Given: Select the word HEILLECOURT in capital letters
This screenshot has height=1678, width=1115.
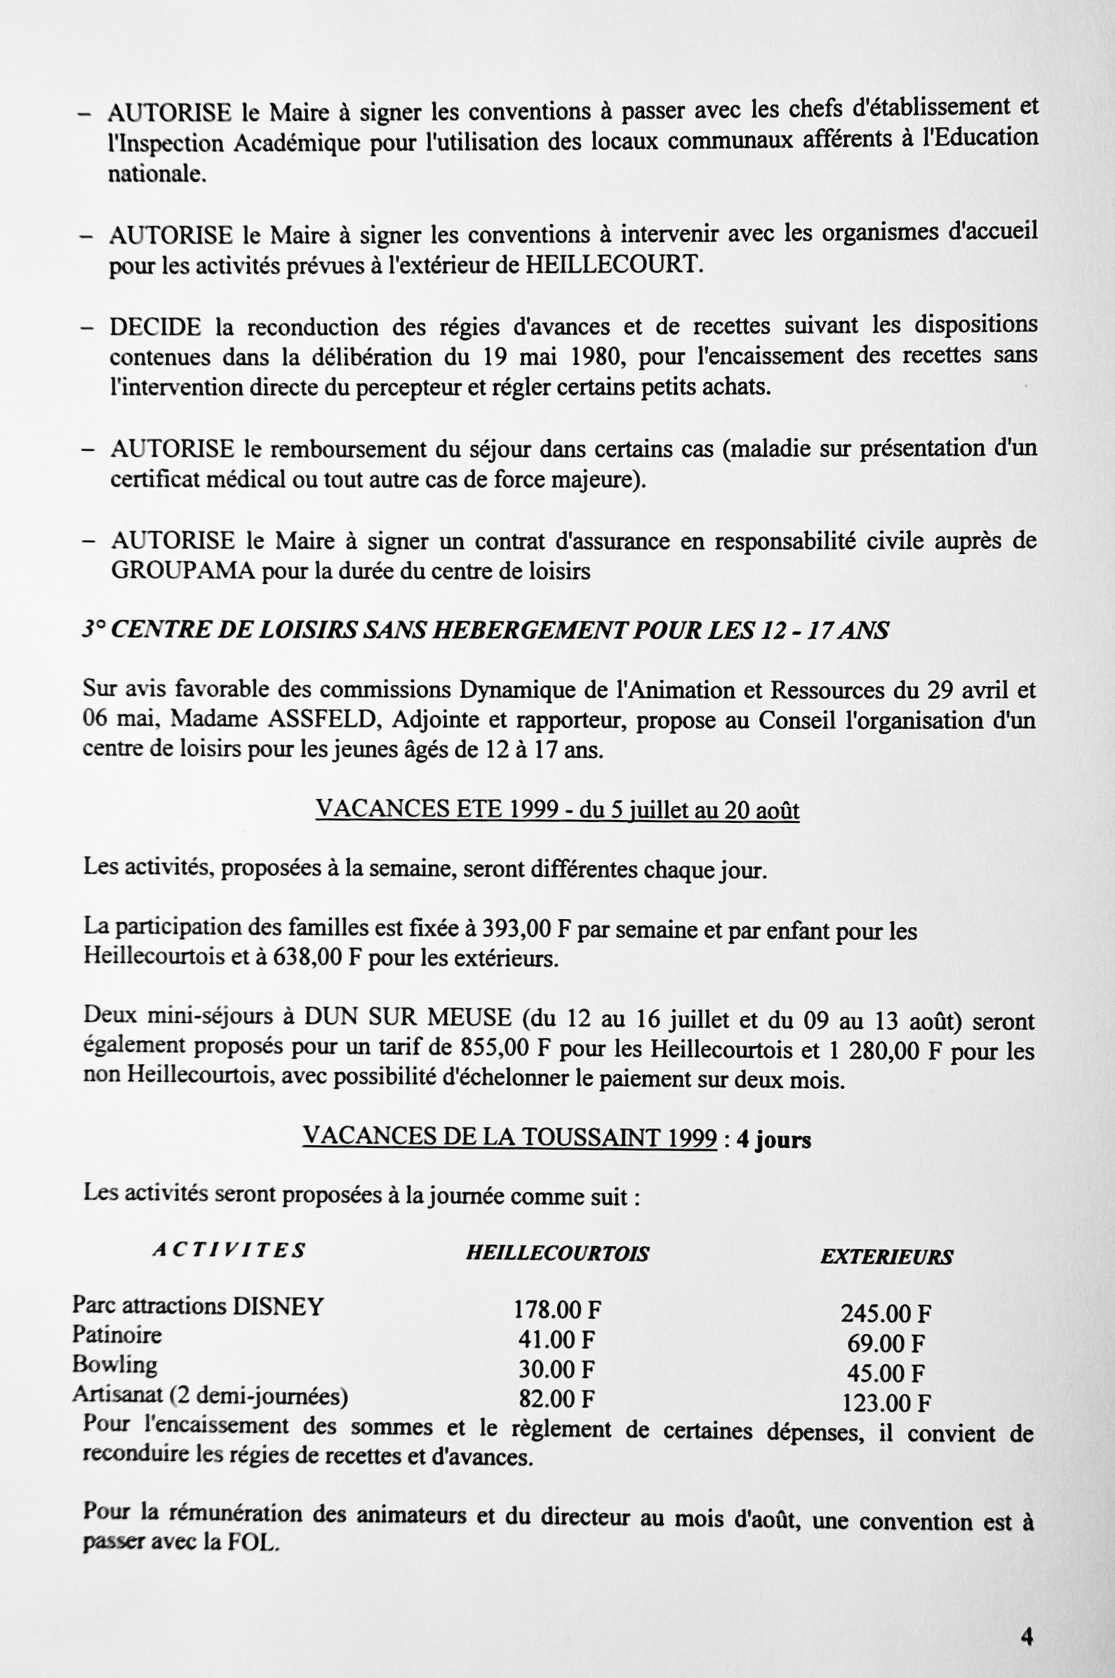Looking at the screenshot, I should tap(613, 265).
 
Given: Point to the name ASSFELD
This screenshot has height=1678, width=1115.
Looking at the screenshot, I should tap(321, 720).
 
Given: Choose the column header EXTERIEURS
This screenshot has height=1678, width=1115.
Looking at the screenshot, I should tap(886, 1257).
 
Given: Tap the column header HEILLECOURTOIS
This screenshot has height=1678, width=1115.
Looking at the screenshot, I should tap(556, 1253).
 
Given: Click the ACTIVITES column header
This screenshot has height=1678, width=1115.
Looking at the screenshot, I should tap(228, 1250).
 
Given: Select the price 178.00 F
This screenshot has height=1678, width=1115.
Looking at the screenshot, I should tap(557, 1309).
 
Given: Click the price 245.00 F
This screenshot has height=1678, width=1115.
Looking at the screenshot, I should tap(886, 1313).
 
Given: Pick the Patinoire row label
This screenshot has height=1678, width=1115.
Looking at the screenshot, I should tap(116, 1335).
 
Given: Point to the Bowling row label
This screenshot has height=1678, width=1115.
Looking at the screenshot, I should tap(114, 1364).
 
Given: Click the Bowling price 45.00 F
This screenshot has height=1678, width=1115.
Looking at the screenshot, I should tap(886, 1373).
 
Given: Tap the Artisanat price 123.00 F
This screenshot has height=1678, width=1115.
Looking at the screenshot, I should tap(886, 1403).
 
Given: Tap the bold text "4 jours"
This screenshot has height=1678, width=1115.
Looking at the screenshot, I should tap(773, 1139).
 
